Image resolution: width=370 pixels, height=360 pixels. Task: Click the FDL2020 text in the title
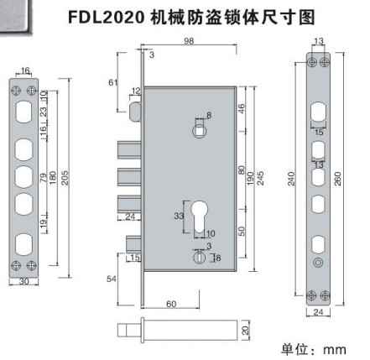tap(106, 18)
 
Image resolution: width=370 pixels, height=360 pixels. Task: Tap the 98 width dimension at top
tap(189, 41)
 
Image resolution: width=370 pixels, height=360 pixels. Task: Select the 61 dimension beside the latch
tap(113, 82)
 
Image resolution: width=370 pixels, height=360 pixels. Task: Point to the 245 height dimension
tap(260, 178)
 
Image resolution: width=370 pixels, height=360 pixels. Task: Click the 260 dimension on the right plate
tap(337, 179)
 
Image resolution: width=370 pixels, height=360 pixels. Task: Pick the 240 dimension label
tap(291, 179)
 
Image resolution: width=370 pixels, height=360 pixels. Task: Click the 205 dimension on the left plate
tap(65, 178)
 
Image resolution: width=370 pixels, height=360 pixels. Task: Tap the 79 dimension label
tap(44, 178)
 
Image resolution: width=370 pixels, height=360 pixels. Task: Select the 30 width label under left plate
tap(24, 281)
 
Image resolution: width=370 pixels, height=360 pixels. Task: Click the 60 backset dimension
tap(171, 304)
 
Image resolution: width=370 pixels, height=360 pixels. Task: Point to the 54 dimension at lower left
tap(112, 279)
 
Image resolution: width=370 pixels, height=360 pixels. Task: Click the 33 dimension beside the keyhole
tap(179, 216)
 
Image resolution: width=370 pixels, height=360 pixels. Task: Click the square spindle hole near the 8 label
tap(200, 131)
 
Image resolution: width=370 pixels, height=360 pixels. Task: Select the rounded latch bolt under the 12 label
tap(135, 112)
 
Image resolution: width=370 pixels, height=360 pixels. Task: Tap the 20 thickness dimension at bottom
tap(245, 331)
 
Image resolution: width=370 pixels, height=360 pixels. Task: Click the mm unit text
tap(335, 350)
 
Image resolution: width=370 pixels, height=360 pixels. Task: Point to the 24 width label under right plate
tap(318, 312)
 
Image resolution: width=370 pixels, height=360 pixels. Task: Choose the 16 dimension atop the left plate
tap(25, 70)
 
